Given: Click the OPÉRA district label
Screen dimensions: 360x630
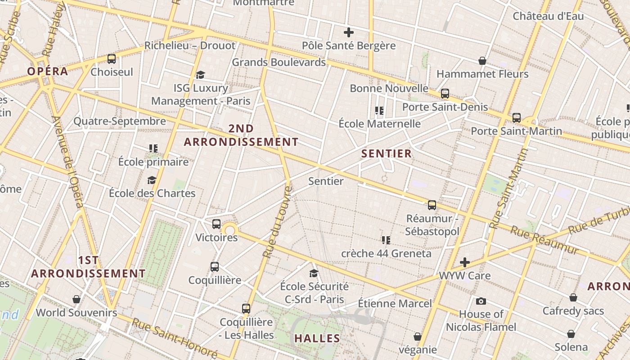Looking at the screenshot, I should tap(47, 71).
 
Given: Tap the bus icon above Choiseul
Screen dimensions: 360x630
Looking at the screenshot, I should tap(112, 59).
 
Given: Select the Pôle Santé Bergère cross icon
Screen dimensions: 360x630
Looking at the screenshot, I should tap(348, 32).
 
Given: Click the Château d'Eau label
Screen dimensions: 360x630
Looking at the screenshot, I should tap(548, 16).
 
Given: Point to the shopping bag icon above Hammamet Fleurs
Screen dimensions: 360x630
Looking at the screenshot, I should tap(482, 61).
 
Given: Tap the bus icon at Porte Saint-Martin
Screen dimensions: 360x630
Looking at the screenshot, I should tap(516, 118).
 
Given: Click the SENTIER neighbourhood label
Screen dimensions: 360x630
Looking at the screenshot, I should tap(387, 153).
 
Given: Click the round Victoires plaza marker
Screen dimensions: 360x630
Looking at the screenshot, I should tap(230, 230).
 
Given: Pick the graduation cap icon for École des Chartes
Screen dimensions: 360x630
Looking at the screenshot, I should tap(152, 180).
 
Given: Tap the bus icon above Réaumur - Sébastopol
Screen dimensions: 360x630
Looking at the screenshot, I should tap(432, 205).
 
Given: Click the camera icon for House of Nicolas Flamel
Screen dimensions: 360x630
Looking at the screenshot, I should tap(481, 301).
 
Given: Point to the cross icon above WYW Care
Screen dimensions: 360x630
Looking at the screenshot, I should tap(465, 262).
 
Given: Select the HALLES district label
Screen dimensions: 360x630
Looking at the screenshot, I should tap(317, 338).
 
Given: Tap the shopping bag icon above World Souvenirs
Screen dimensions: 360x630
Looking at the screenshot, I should tap(76, 299).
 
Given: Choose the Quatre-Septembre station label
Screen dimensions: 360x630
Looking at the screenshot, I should tap(120, 121).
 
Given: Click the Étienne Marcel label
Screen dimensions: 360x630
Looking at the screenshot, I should tap(395, 303).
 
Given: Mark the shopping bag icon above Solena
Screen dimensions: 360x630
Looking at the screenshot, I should tap(571, 334).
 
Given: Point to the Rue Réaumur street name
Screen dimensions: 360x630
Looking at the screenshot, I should tap(544, 240).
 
